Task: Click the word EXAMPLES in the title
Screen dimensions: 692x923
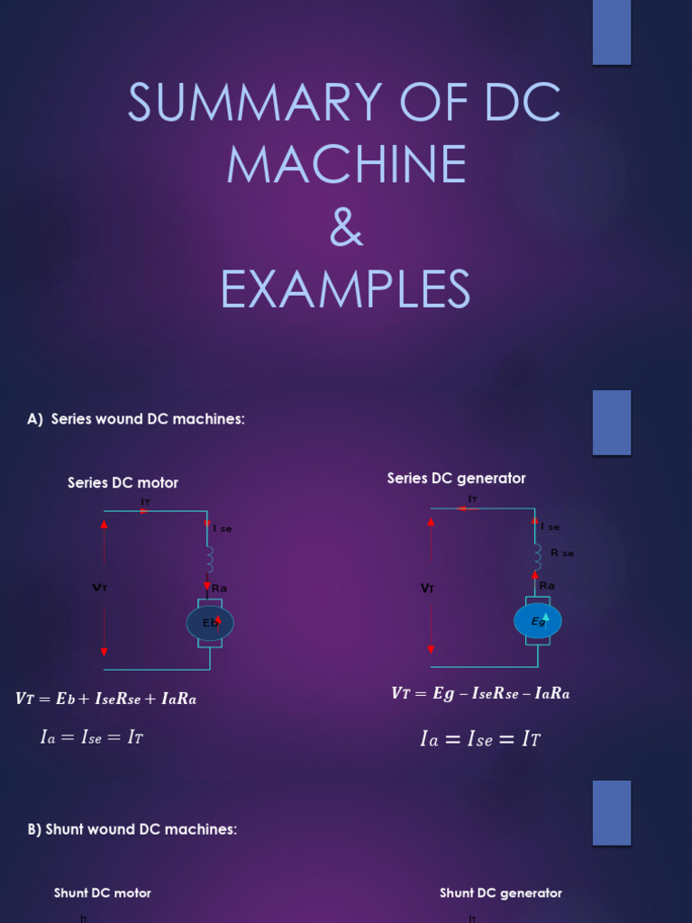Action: coord(346,289)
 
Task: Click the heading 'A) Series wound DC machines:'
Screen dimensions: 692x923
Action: coord(136,419)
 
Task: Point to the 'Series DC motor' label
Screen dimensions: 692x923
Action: coord(123,483)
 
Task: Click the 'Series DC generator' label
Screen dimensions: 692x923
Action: coord(456,479)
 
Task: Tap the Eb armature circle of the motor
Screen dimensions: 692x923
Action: coord(210,623)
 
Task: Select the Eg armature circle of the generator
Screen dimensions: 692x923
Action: coord(538,621)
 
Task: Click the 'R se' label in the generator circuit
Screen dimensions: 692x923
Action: coord(562,553)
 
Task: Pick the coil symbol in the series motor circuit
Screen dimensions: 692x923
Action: coord(209,560)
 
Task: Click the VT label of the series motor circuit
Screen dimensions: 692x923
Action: coord(100,588)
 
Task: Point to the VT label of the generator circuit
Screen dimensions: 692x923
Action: coord(427,589)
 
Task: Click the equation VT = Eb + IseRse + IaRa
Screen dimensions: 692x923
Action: coord(105,699)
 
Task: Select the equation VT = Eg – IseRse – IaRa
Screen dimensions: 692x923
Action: coord(480,693)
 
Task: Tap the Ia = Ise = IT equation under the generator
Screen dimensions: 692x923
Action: coord(480,740)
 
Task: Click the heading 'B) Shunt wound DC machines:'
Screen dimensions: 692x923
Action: coord(132,829)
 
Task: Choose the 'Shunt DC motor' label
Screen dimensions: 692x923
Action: coord(103,893)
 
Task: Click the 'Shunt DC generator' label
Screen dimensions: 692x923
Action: coord(500,893)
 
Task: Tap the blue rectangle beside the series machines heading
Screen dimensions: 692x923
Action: coord(612,422)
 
